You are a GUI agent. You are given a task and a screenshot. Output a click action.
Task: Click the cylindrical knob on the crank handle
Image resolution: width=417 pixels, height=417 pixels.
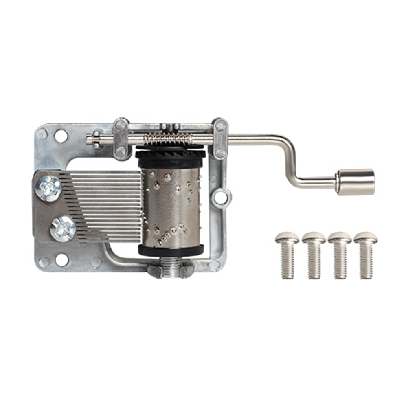click(x=355, y=182)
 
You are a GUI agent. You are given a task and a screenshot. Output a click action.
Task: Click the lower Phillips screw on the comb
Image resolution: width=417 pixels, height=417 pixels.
click(x=63, y=229)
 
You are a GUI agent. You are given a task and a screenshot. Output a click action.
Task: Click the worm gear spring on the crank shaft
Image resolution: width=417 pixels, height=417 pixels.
click(x=167, y=140)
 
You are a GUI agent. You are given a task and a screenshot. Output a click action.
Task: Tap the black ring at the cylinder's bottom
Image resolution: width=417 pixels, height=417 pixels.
click(x=171, y=250)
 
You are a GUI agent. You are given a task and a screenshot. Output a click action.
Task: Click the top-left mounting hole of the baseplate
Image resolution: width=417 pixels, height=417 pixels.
click(x=61, y=136)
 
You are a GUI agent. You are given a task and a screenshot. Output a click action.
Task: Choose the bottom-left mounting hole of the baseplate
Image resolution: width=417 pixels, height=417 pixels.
click(x=61, y=260)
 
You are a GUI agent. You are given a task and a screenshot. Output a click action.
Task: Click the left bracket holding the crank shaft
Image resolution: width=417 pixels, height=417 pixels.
click(x=121, y=138)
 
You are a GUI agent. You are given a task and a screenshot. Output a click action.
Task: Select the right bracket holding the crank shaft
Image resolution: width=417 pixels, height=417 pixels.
click(x=220, y=138)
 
